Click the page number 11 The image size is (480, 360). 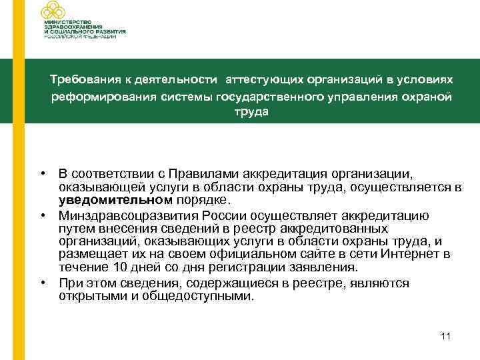pyautogui.click(x=446, y=337)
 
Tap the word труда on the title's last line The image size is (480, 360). pyautogui.click(x=251, y=112)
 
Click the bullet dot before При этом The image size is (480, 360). pyautogui.click(x=42, y=283)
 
